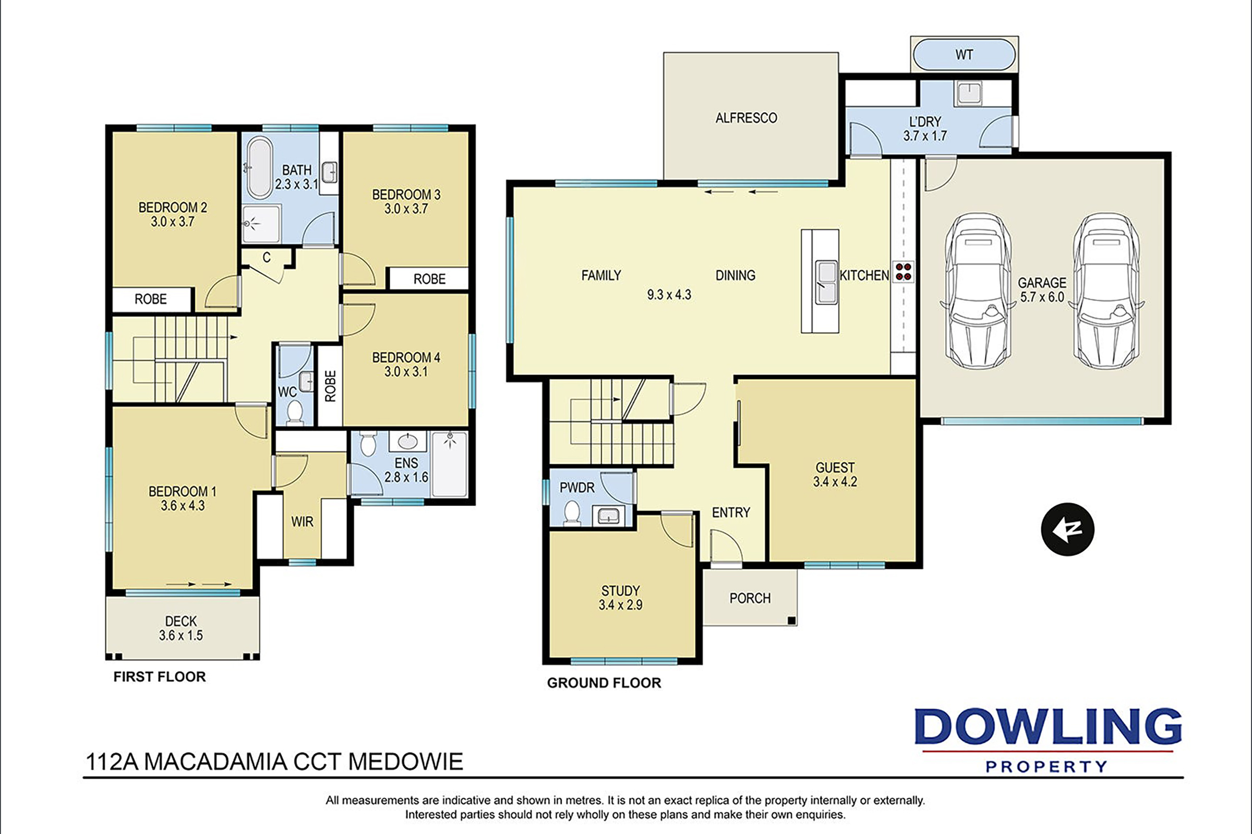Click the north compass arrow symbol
tap(1067, 529)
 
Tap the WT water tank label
tap(964, 55)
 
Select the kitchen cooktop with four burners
tap(902, 271)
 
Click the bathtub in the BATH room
tap(258, 167)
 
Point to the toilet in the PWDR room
tap(572, 512)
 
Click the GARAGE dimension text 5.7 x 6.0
tap(1042, 297)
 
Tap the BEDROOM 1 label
tap(183, 491)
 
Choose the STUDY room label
tap(620, 590)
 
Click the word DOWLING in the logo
tap(1048, 727)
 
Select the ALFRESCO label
tap(746, 117)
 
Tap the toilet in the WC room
tap(294, 412)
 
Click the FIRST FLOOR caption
tap(160, 676)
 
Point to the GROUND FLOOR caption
tap(604, 683)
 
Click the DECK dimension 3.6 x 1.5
tap(181, 635)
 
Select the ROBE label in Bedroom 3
tap(430, 279)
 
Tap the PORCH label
tap(750, 598)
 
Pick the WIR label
tap(302, 522)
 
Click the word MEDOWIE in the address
tap(405, 762)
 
